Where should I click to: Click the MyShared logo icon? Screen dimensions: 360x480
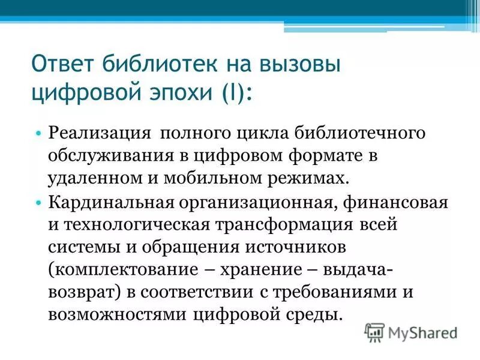pos(375,331)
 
